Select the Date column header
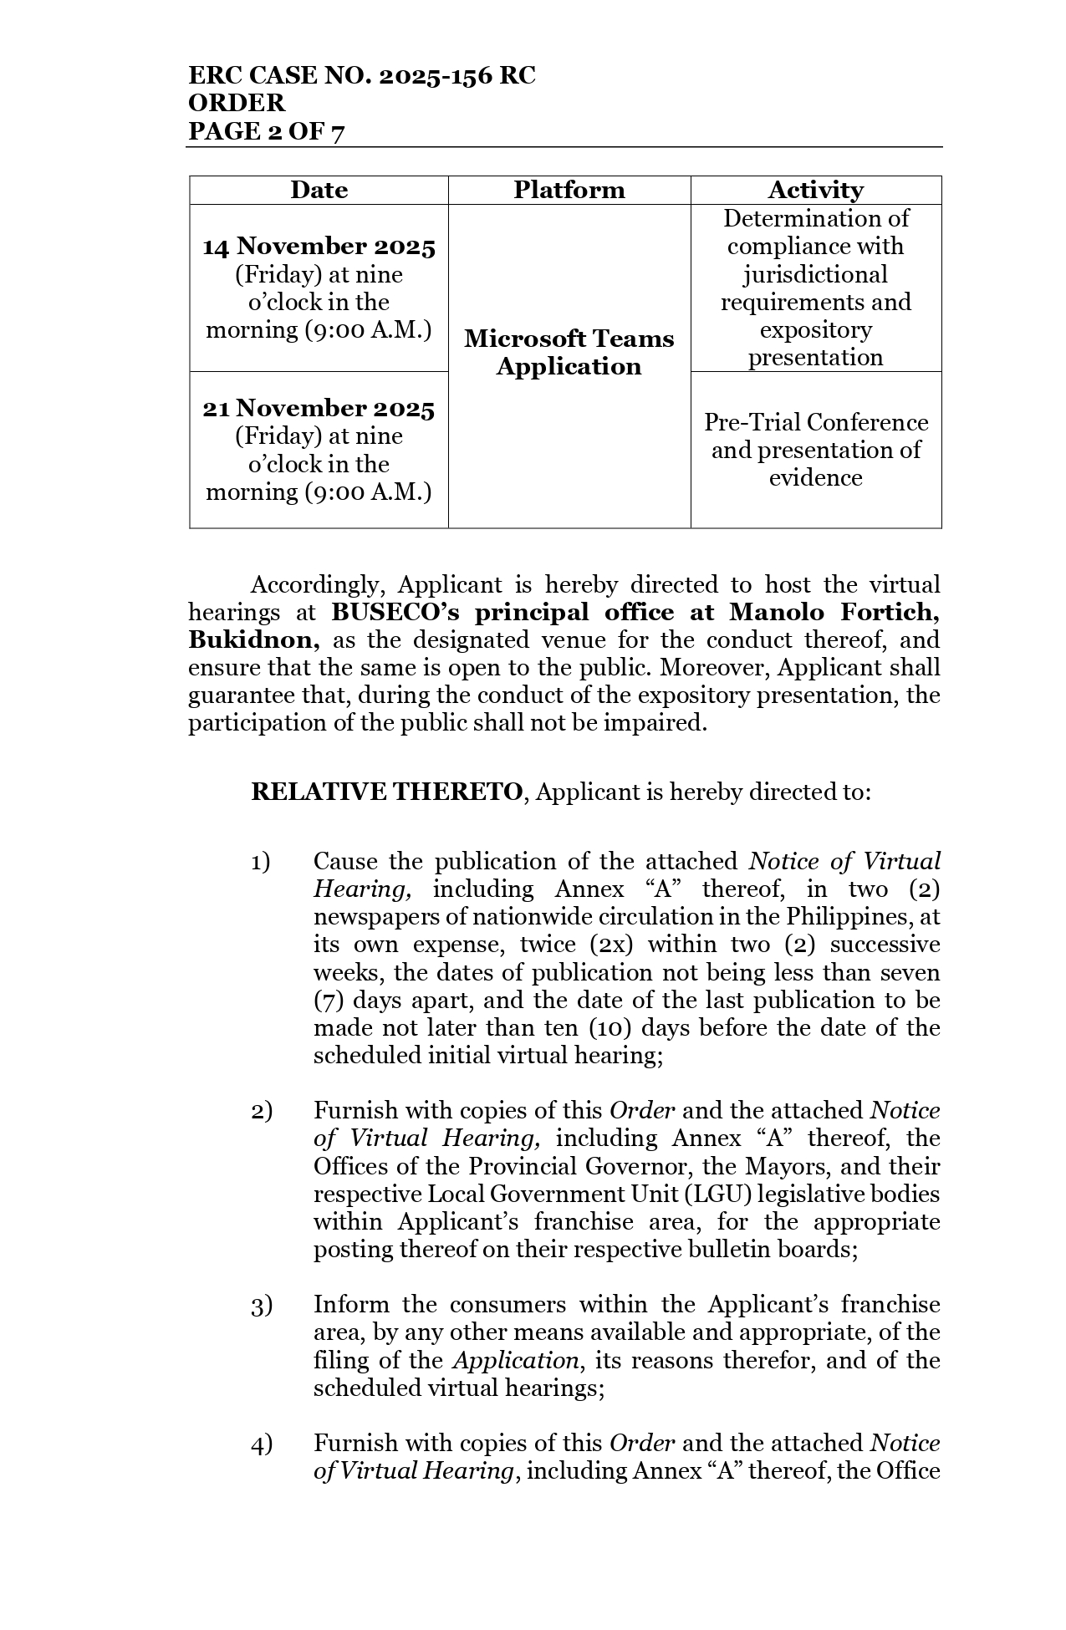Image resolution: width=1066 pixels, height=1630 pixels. click(319, 190)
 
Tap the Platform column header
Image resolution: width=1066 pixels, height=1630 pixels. click(569, 190)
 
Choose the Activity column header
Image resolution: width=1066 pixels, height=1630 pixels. click(815, 190)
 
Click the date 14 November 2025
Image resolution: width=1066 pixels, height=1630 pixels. click(319, 247)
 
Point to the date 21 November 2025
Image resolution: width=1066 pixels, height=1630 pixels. click(319, 408)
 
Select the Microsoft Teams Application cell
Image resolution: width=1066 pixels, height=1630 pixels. click(569, 352)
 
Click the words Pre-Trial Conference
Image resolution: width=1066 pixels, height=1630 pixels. click(815, 422)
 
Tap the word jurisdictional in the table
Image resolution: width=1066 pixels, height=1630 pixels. click(815, 274)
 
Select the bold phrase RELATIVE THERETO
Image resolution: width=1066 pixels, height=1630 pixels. click(387, 792)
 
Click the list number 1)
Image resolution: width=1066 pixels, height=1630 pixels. click(261, 862)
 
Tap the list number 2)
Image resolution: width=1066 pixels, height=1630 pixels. click(261, 1111)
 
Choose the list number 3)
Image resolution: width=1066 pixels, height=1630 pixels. click(261, 1305)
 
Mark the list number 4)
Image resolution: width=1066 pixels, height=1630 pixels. click(261, 1443)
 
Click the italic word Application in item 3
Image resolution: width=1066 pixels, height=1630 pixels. click(515, 1361)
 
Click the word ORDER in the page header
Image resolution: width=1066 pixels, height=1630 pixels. click(237, 104)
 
